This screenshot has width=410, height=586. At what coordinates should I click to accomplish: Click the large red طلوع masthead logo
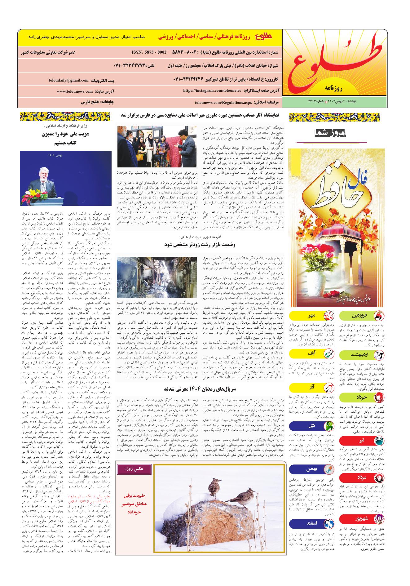point(335,64)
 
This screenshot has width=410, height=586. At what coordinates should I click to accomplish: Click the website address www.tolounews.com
point(75,91)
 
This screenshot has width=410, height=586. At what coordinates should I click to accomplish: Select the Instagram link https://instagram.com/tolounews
point(212,91)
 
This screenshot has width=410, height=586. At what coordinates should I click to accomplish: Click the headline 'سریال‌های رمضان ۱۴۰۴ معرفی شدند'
point(198,388)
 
